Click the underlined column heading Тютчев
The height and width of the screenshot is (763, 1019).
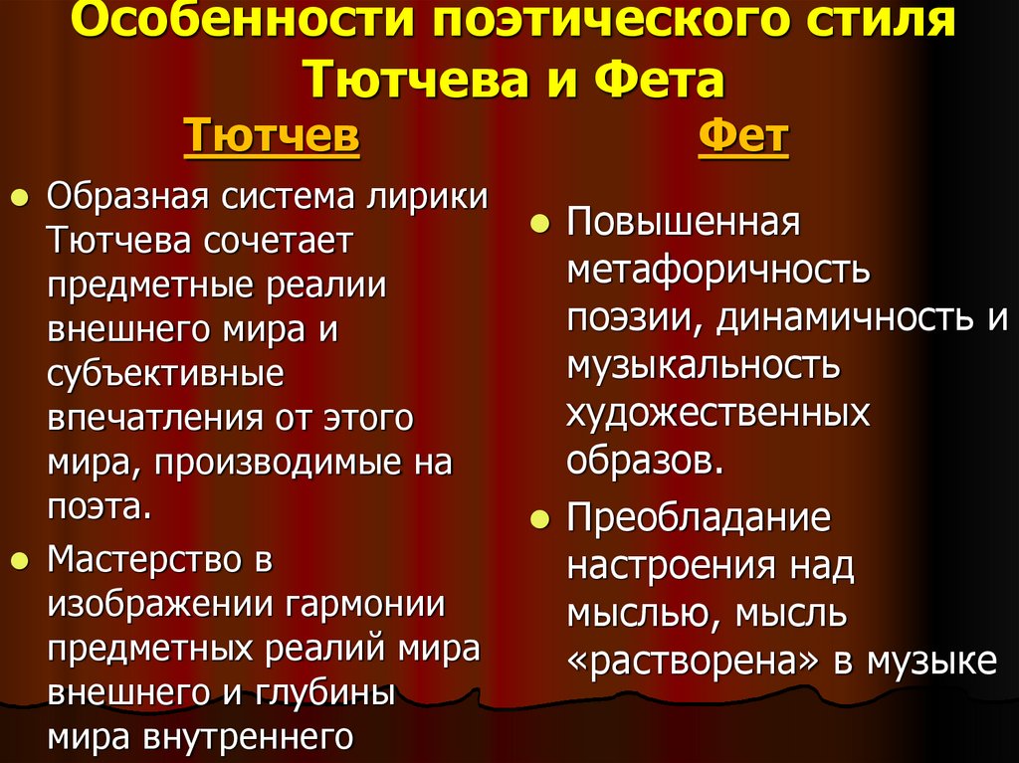tap(272, 136)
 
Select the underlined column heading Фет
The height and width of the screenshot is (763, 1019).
tap(743, 136)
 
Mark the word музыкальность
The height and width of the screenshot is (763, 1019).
tap(704, 365)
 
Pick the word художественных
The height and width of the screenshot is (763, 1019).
tap(717, 412)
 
